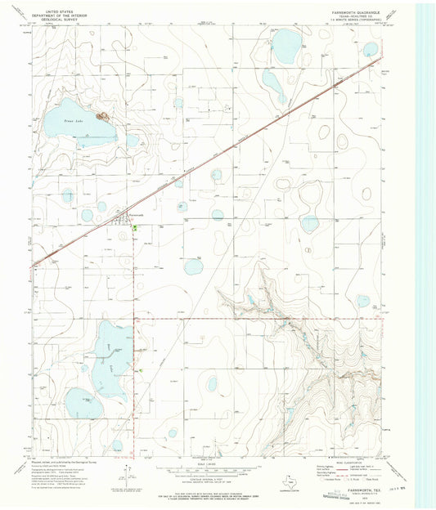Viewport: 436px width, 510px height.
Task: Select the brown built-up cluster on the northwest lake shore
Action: pos(103,117)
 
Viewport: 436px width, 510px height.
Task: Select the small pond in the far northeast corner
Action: pos(371,50)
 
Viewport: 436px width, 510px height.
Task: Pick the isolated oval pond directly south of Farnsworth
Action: pos(193,266)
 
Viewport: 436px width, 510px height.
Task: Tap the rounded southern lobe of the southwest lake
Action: pos(84,402)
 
